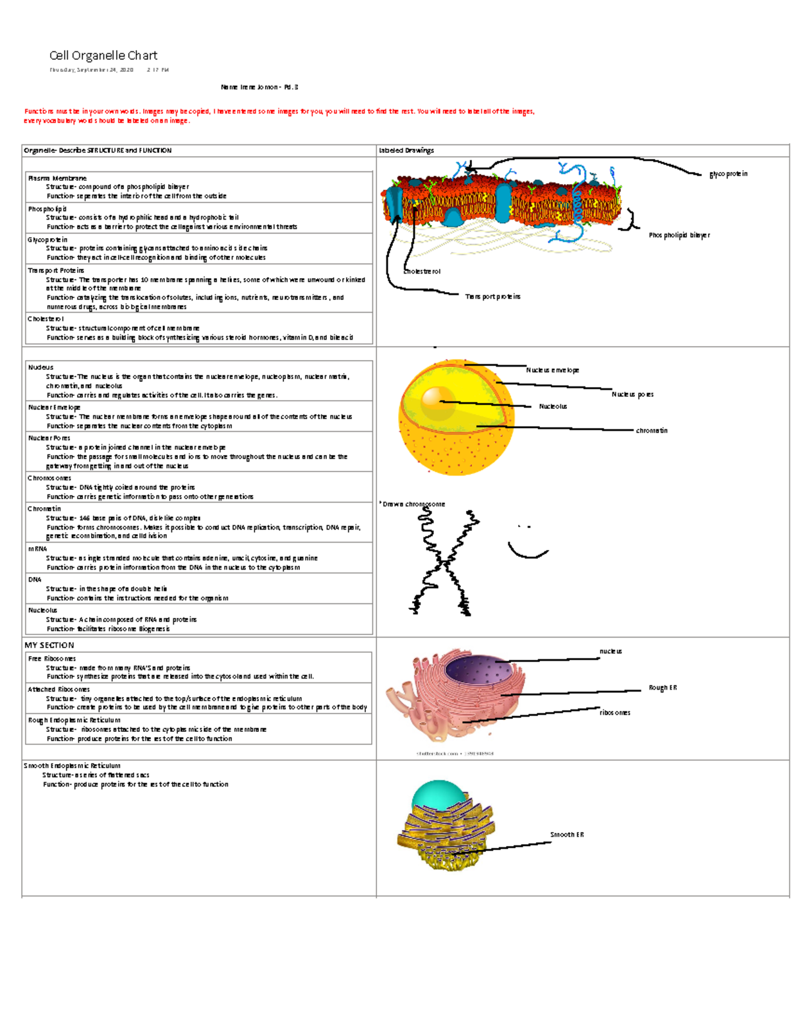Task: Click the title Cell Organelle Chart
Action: coord(103,55)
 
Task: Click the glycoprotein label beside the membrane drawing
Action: coord(728,174)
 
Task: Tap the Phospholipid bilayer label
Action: coord(679,235)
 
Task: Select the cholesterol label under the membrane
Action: coord(422,271)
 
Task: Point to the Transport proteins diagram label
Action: coord(492,297)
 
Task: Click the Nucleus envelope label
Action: coord(552,370)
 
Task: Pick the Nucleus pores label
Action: coord(632,394)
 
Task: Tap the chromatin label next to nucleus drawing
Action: coord(651,431)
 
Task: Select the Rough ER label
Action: coord(662,688)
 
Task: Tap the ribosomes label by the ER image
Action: coord(614,713)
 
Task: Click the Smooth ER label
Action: coord(567,835)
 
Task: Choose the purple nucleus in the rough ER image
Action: coord(478,671)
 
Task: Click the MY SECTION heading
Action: coord(49,645)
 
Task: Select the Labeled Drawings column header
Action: coord(406,150)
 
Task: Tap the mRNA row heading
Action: coord(38,549)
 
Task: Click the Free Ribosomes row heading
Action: coord(51,658)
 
